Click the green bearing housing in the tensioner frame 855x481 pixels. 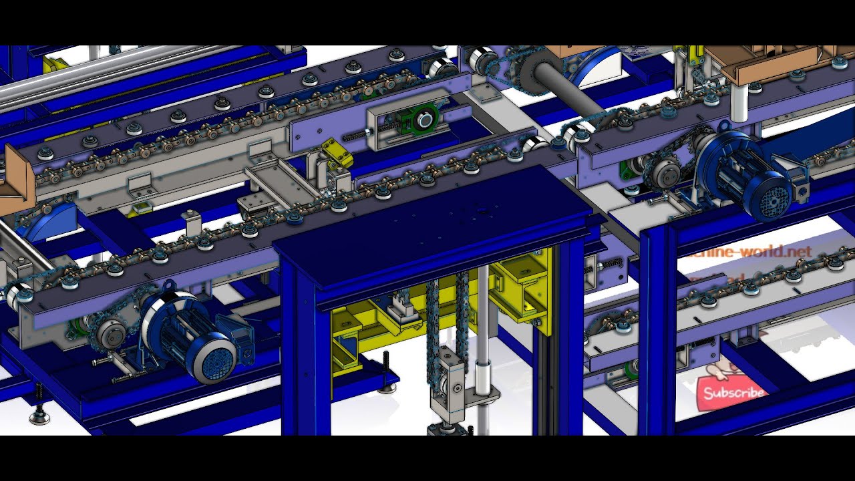[421, 120]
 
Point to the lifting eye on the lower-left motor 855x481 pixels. [167, 287]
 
